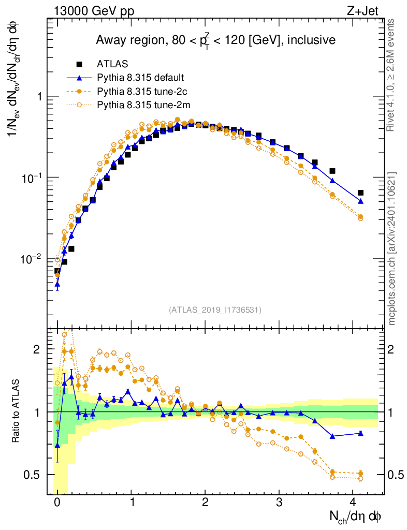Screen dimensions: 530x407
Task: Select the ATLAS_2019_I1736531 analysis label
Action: (x=215, y=310)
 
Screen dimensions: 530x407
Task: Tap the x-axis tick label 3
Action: (x=279, y=502)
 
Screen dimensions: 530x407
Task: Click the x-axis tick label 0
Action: (x=57, y=502)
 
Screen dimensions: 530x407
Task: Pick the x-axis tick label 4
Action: (x=353, y=502)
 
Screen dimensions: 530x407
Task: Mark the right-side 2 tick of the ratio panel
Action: (x=394, y=350)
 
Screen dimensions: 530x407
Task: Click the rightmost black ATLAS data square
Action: (x=360, y=193)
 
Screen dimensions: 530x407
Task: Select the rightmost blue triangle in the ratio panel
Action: (x=360, y=433)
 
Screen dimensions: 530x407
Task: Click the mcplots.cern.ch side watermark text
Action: (x=393, y=248)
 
